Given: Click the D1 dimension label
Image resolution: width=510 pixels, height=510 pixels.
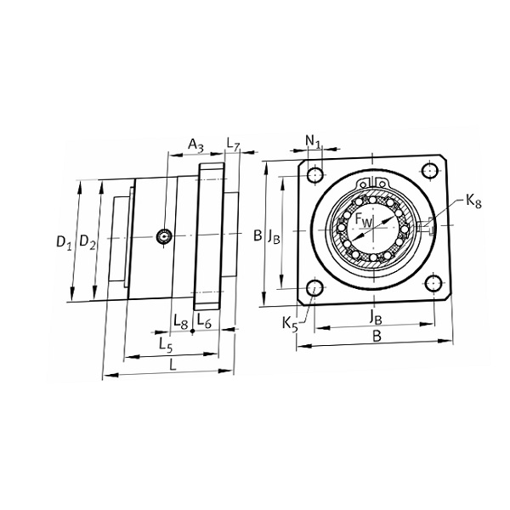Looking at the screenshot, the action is click(x=64, y=242).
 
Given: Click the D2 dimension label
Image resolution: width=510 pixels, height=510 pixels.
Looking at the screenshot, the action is click(x=88, y=242).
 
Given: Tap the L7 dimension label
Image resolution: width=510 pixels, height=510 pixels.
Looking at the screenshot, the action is click(x=233, y=144).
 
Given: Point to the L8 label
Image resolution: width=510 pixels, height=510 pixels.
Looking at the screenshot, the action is click(x=181, y=321).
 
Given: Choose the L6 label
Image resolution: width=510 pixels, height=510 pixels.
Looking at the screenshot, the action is click(x=204, y=320).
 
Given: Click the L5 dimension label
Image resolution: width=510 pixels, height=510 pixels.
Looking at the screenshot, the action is click(x=166, y=345).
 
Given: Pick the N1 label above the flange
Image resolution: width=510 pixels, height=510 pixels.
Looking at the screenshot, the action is click(x=313, y=141).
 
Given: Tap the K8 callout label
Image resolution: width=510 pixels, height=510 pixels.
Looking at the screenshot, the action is click(x=473, y=201).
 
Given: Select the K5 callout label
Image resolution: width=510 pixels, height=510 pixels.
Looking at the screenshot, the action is click(x=290, y=325).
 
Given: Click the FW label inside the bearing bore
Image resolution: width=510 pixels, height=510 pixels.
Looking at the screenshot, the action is click(x=363, y=220).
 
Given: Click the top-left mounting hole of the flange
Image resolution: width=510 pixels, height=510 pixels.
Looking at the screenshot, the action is click(x=314, y=175).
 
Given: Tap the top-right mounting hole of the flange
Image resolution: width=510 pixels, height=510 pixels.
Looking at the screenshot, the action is click(x=429, y=171).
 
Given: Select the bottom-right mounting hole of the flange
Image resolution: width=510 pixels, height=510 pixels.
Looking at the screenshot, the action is click(x=433, y=284).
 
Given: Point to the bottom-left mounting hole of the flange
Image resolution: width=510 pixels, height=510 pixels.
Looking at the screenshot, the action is click(x=314, y=288).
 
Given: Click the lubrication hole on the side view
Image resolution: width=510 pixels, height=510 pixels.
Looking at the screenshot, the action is click(x=164, y=236).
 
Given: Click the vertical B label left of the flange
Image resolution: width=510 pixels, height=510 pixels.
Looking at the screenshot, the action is click(x=258, y=235).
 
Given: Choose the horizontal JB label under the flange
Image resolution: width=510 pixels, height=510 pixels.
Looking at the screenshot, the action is click(x=376, y=317).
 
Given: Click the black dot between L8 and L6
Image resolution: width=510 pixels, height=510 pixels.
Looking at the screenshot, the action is click(x=193, y=331).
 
